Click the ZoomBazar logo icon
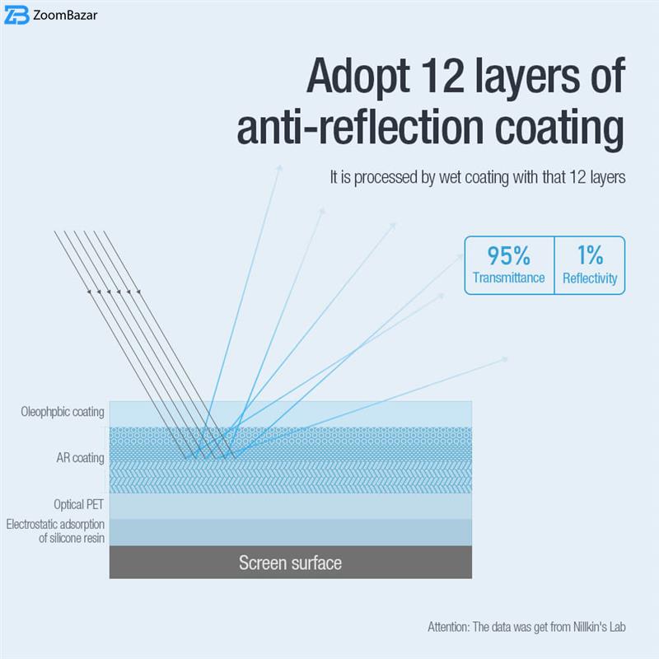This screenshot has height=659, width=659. click(x=16, y=16)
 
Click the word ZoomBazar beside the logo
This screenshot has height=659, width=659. click(x=66, y=16)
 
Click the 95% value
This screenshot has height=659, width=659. click(x=508, y=255)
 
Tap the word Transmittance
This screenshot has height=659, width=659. click(x=508, y=278)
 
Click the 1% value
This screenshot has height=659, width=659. click(x=590, y=255)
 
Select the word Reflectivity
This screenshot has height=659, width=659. click(x=590, y=278)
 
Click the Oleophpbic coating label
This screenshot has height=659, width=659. click(x=63, y=412)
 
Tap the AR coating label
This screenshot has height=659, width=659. click(x=77, y=458)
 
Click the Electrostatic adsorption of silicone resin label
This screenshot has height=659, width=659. click(x=55, y=531)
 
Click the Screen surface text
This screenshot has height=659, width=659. click(x=290, y=563)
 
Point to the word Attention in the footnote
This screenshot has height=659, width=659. click(x=447, y=627)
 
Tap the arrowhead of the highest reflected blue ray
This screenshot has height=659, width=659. click(x=280, y=166)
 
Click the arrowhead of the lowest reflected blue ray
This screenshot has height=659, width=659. click(x=505, y=358)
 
